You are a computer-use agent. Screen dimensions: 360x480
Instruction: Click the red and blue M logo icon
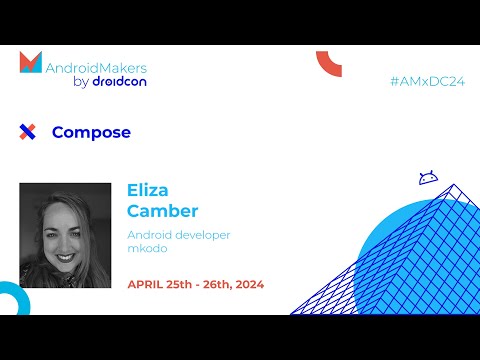click(x=31, y=63)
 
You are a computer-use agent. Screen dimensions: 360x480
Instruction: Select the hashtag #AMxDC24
click(x=427, y=81)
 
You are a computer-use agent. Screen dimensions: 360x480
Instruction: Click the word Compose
click(x=91, y=132)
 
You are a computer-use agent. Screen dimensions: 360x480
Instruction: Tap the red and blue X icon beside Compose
click(x=28, y=132)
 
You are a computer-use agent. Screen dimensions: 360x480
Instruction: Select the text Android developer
click(x=179, y=234)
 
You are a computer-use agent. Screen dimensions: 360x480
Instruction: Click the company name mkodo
click(x=146, y=249)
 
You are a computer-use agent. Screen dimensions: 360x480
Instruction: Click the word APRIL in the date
click(x=146, y=283)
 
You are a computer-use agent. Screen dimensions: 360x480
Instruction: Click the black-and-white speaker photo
click(x=65, y=235)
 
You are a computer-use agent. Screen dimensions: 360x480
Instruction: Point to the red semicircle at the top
click(x=329, y=62)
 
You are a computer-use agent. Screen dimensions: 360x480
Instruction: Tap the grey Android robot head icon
click(x=427, y=177)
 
